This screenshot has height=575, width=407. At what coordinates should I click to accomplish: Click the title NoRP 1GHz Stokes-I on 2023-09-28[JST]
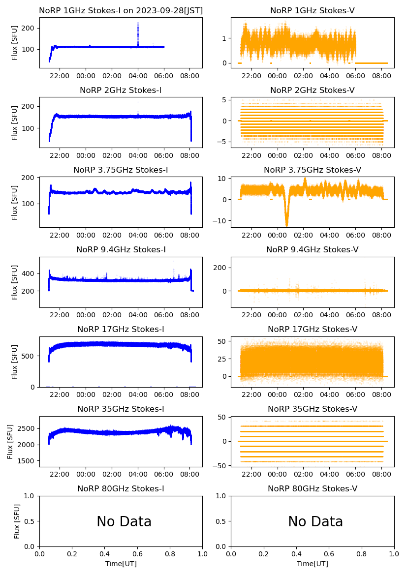click(x=121, y=10)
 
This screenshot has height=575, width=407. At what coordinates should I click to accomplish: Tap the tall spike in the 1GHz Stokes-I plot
click(x=138, y=32)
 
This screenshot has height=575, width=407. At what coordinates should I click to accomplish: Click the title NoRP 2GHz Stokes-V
click(x=312, y=90)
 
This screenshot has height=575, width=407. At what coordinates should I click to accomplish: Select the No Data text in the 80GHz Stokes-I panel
click(x=124, y=521)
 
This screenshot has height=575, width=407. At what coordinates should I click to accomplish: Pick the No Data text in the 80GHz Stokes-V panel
click(x=315, y=521)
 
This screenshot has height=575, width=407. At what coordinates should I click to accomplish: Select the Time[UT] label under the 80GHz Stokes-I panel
click(x=121, y=564)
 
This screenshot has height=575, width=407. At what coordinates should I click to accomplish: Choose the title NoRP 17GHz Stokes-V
click(x=312, y=329)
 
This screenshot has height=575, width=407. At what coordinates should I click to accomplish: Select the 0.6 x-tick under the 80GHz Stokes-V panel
click(x=329, y=554)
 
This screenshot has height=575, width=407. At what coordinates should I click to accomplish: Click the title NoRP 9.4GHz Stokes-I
click(x=121, y=249)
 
